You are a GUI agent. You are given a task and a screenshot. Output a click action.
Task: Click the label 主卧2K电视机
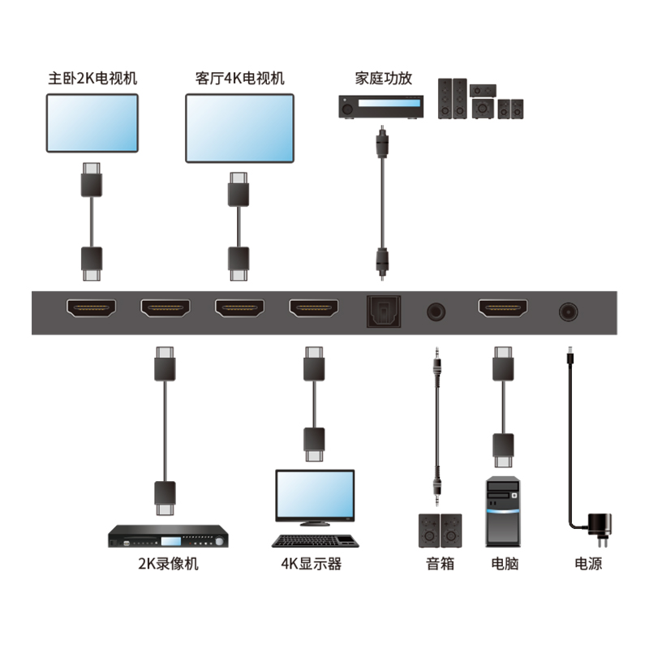pos(92,79)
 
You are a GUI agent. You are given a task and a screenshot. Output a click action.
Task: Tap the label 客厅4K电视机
pos(240,79)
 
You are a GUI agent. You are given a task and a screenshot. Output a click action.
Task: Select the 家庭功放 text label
pos(384,79)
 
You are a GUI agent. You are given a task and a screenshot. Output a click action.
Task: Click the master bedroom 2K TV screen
pos(92,122)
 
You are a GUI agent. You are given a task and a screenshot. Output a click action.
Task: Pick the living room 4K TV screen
pos(239,127)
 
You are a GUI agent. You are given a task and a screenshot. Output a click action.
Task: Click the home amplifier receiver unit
pos(380,107)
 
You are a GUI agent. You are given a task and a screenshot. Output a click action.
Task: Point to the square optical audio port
pos(379,309)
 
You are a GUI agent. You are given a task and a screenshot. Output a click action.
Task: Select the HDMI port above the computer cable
pos(503,308)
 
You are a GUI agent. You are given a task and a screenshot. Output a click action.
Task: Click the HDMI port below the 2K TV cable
pos(91,308)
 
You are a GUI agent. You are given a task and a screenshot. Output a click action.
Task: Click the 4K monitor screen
pos(315,497)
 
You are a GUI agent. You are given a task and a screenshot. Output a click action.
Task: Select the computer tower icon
pos(503,512)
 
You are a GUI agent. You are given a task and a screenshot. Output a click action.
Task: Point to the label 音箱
pos(439,564)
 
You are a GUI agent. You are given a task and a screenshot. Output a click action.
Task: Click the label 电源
pos(588,564)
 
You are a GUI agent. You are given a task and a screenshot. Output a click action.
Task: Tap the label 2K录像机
pos(168,564)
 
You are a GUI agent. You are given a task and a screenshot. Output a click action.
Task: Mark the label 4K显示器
pos(312,564)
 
